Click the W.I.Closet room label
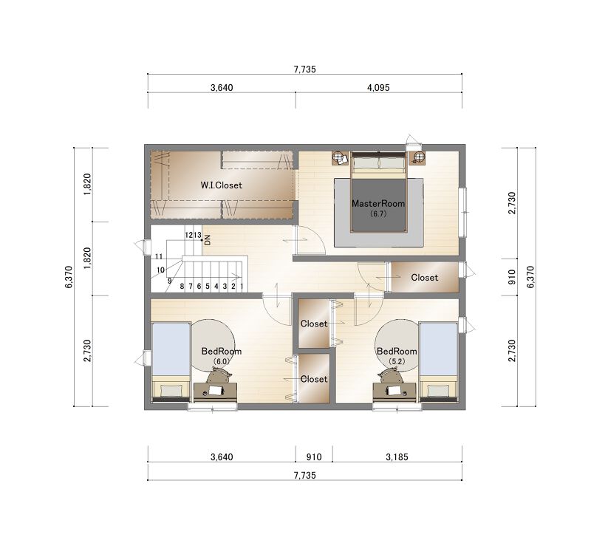[x=221, y=185]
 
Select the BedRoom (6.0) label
[x=221, y=355]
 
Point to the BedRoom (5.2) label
[x=397, y=355]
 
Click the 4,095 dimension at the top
[x=378, y=87]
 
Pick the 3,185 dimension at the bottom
[x=397, y=456]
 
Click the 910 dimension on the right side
[x=512, y=277]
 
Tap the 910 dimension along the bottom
[x=314, y=456]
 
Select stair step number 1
[x=242, y=286]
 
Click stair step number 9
[x=170, y=281]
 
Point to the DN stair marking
[x=207, y=239]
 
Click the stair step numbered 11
[x=159, y=256]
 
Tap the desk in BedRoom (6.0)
[x=215, y=392]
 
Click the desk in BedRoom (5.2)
[x=394, y=392]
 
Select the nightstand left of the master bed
[x=341, y=158]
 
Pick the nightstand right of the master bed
[x=417, y=158]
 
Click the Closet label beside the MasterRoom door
[x=424, y=278]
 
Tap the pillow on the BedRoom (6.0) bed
[x=171, y=391]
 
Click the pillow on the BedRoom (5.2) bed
[x=438, y=391]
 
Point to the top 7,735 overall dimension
[x=304, y=69]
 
